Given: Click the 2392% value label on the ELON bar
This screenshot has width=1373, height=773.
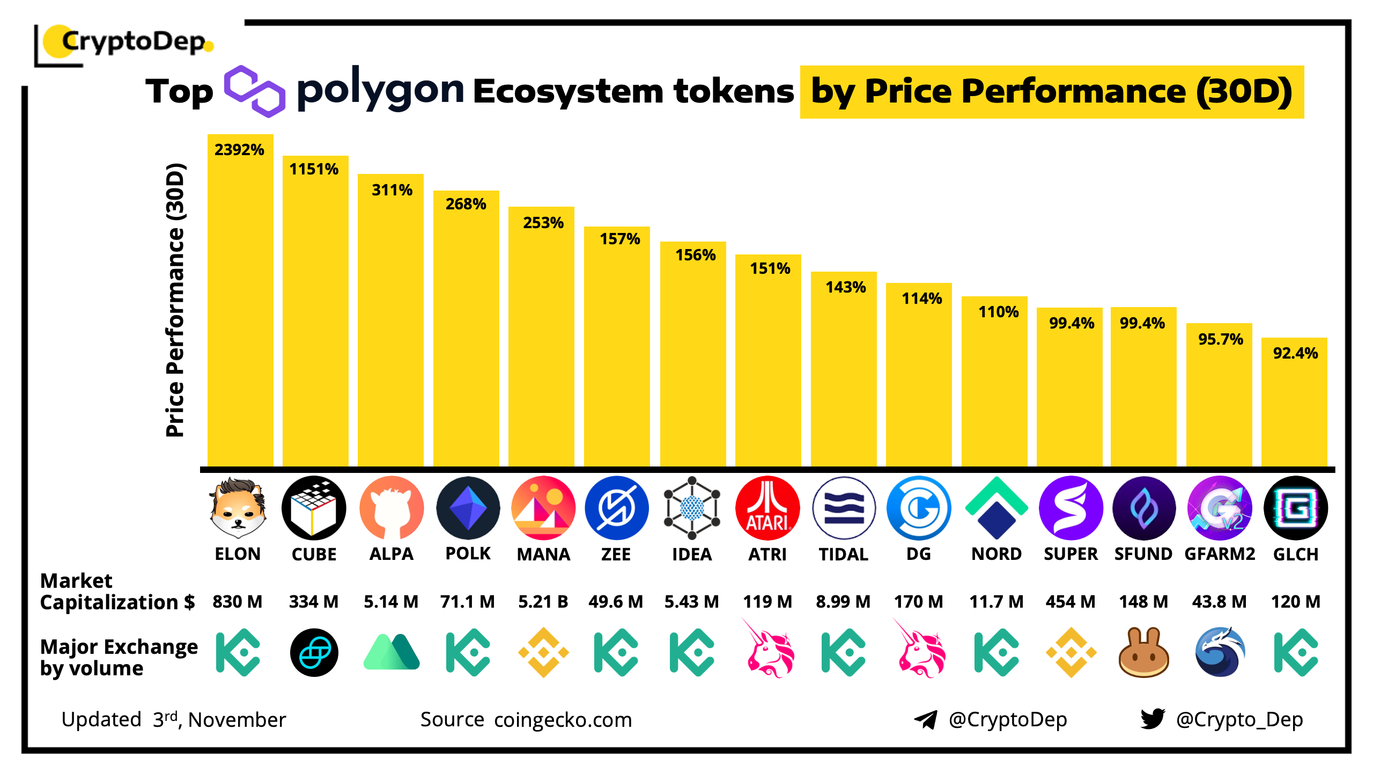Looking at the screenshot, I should click(239, 150).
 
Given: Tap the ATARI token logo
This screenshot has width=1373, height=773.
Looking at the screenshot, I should click(767, 508).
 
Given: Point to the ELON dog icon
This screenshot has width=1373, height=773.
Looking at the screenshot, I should click(238, 508).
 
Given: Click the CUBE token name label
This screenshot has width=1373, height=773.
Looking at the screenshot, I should click(314, 554).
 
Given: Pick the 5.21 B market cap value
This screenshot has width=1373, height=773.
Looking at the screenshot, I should click(543, 602).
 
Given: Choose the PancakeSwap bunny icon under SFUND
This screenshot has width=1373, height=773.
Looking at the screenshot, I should click(1143, 653).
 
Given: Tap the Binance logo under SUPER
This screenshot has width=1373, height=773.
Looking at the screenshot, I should click(1071, 653).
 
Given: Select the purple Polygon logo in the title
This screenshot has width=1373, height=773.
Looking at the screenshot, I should click(254, 91).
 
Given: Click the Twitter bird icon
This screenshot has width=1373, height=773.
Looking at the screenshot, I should click(1153, 719).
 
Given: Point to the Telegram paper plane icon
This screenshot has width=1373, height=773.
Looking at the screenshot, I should click(926, 719).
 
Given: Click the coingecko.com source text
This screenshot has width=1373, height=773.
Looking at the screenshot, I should click(563, 720).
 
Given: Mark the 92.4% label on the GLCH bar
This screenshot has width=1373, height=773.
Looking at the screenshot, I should click(1295, 353).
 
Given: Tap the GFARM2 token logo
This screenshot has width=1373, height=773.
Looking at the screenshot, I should click(1220, 508).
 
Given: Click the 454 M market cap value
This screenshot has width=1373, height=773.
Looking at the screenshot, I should click(1071, 602).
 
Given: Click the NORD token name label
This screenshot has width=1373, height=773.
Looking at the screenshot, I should click(996, 554).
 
